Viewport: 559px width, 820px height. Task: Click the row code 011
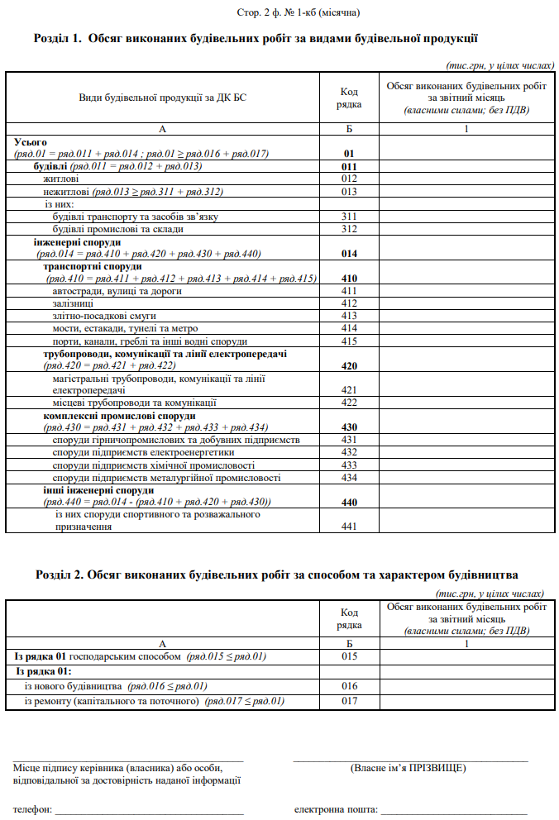click(348, 166)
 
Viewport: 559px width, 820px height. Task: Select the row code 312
click(348, 229)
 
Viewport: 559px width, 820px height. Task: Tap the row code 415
click(348, 341)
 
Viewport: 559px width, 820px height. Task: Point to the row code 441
click(348, 526)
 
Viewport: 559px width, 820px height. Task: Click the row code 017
click(348, 701)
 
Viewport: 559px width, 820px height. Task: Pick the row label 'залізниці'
click(73, 303)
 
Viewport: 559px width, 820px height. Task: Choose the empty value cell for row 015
click(466, 656)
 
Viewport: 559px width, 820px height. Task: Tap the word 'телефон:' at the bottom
click(31, 808)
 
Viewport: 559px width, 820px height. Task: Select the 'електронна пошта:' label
click(335, 808)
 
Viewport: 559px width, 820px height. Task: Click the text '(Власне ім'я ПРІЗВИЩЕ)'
click(408, 768)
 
